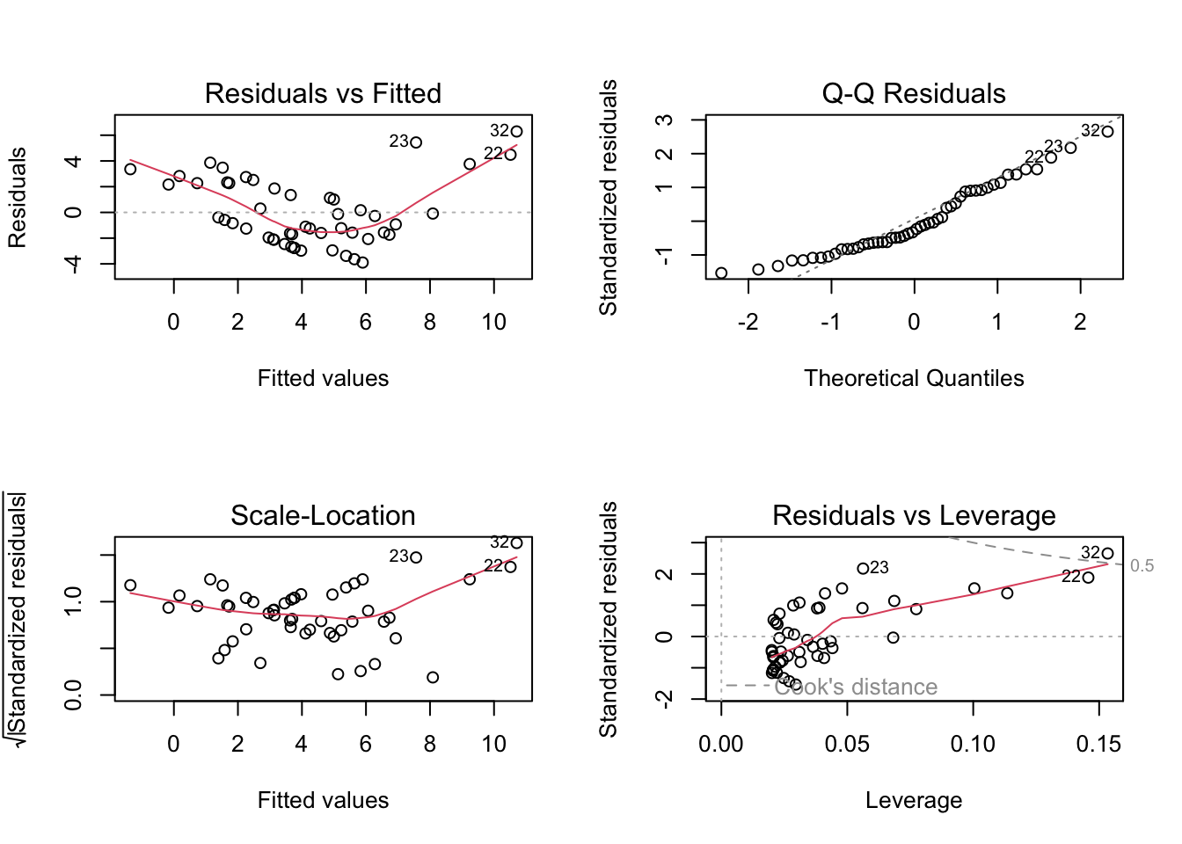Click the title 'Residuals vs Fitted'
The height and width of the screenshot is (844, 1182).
[323, 93]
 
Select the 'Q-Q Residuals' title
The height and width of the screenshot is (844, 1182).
[914, 93]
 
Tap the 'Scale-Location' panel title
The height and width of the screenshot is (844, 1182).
[323, 515]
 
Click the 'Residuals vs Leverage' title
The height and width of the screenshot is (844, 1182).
[914, 515]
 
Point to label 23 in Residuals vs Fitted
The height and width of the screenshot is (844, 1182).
[399, 142]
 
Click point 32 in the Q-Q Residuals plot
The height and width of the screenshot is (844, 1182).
[1107, 132]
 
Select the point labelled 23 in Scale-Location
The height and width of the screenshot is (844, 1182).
[416, 557]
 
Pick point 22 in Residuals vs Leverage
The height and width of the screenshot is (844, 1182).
[1088, 578]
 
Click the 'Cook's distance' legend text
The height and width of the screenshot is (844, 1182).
[856, 687]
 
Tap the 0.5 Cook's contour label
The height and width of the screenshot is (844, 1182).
[1142, 565]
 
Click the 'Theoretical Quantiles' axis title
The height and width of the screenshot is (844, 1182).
[914, 378]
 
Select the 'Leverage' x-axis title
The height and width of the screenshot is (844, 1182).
[914, 800]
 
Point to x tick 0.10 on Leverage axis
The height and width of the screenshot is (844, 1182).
[973, 745]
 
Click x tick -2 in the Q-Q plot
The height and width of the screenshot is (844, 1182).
[748, 323]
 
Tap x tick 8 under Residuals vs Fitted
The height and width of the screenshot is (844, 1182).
[429, 323]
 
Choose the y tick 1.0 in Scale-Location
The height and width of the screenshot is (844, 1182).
[74, 601]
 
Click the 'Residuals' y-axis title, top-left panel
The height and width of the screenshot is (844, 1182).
[18, 198]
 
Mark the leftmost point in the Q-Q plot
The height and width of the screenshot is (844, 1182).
[721, 273]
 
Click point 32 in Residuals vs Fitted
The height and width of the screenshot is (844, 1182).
[516, 132]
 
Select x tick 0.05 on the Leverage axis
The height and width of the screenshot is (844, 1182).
[847, 745]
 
